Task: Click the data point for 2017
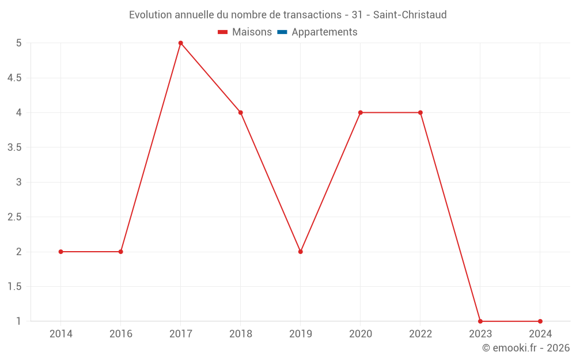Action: tap(180, 43)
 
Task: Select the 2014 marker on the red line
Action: tap(60, 252)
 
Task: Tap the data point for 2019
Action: tap(300, 252)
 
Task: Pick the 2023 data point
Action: tap(480, 321)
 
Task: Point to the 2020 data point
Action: tap(360, 112)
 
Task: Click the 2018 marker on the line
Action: tap(240, 112)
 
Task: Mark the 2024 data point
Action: tap(540, 321)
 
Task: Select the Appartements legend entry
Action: tap(324, 32)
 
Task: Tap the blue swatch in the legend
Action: tap(282, 32)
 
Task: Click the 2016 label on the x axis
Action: tap(120, 334)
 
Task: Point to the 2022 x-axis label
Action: tap(420, 334)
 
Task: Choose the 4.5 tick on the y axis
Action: tap(14, 78)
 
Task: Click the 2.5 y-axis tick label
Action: tap(14, 217)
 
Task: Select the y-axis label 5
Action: tap(19, 43)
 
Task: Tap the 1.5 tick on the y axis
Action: tap(14, 287)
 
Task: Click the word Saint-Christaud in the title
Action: tap(410, 15)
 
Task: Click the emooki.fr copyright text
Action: tap(526, 348)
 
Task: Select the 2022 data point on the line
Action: tap(420, 112)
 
